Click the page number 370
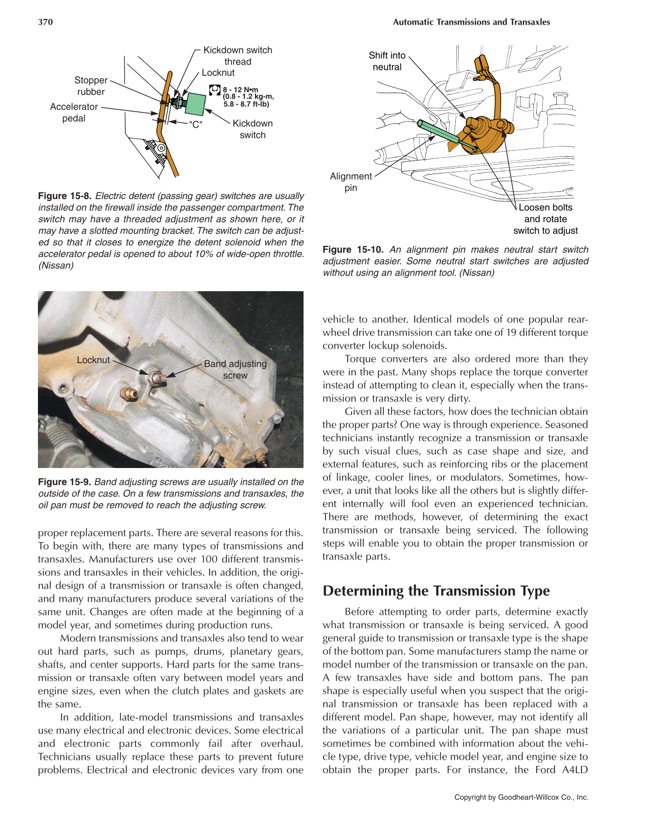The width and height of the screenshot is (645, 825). (45, 22)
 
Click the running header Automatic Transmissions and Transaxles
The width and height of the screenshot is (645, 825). (471, 22)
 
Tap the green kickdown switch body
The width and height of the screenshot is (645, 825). (195, 104)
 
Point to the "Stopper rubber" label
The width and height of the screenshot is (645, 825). (91, 86)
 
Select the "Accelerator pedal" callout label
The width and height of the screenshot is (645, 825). (74, 112)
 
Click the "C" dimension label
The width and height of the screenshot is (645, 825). (195, 124)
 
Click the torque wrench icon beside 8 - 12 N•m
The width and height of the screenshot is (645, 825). (214, 90)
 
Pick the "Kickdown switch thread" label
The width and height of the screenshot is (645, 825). (238, 56)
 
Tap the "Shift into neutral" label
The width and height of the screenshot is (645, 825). (387, 61)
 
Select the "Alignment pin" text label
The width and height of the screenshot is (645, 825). (350, 182)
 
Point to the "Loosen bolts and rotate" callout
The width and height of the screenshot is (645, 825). (545, 219)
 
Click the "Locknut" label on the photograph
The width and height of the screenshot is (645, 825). (93, 360)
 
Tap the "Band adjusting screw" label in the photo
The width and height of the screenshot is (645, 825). (235, 369)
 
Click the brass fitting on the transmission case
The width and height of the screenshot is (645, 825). (129, 394)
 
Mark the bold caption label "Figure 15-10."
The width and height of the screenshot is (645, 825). (353, 249)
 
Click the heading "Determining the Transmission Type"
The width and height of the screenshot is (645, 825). (436, 591)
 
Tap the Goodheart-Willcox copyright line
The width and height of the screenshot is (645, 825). (521, 797)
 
